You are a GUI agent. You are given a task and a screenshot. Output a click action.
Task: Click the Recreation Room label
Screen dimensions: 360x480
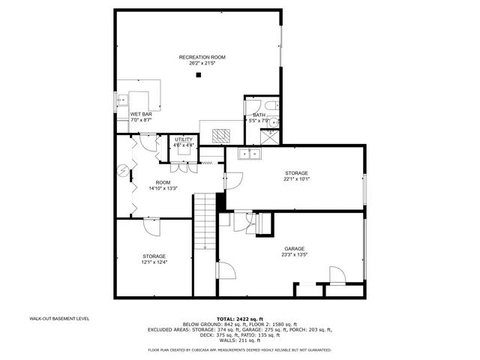tap(202, 58)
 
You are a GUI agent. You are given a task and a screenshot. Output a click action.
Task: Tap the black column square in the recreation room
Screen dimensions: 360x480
tap(199, 74)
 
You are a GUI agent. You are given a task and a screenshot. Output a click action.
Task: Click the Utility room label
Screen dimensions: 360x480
tap(184, 139)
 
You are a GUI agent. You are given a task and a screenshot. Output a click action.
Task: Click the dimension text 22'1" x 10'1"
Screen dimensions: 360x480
tap(297, 179)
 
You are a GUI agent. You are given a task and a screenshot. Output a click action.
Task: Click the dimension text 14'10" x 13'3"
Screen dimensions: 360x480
tap(163, 188)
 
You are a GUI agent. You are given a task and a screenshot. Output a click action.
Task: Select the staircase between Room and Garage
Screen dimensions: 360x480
tap(205, 221)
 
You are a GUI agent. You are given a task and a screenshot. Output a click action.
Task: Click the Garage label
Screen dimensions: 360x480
tap(294, 248)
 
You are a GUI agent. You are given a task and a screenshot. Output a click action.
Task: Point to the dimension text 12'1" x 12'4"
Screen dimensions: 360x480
tap(154, 262)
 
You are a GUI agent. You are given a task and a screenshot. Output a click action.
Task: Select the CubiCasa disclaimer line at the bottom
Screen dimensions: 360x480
tap(240, 349)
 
